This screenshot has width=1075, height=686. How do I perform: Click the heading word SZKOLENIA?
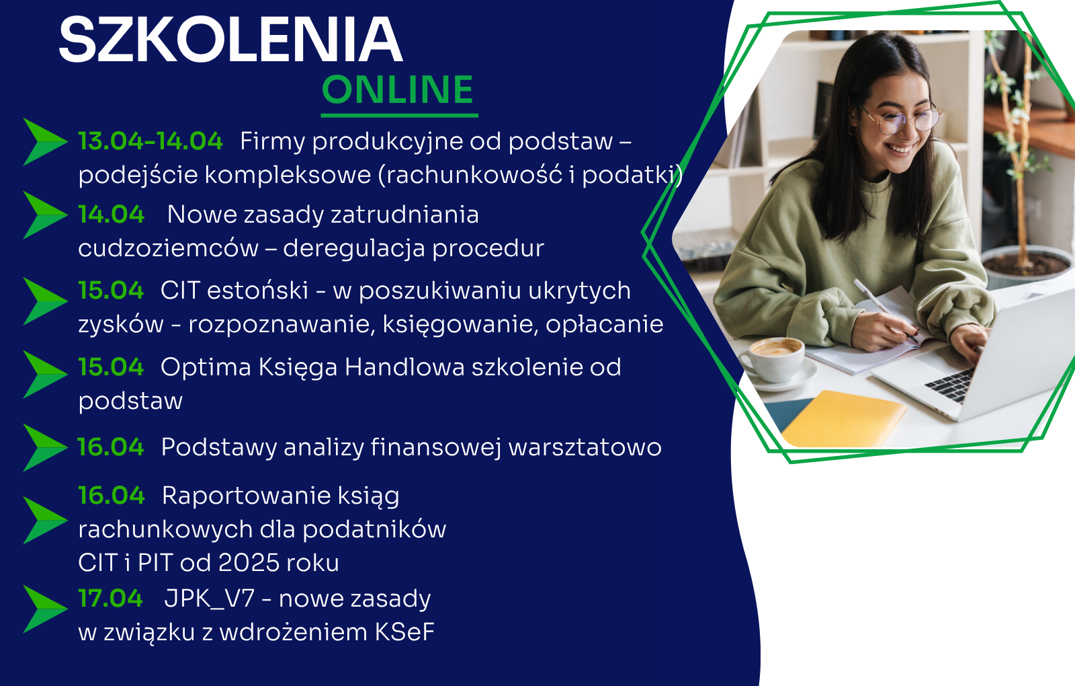[230, 40]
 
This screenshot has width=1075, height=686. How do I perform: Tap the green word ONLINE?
[398, 90]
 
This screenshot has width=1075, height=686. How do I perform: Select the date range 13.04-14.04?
[150, 141]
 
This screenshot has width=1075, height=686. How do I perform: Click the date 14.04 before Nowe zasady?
[112, 215]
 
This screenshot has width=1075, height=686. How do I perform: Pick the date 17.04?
[110, 599]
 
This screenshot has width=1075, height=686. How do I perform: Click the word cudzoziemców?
[168, 249]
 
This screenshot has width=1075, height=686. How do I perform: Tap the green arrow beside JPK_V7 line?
[45, 609]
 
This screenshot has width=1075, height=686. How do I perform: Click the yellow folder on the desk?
[843, 418]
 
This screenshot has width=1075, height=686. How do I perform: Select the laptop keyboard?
[950, 384]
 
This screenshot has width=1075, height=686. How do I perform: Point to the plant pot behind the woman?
[1027, 266]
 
